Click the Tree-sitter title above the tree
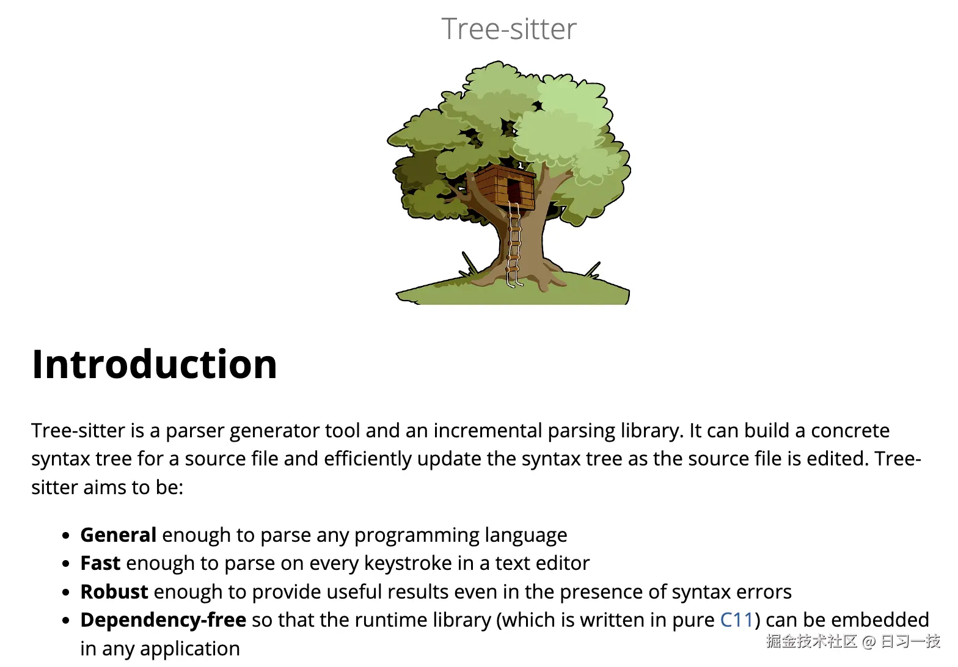pos(509,29)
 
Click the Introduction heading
pos(155,364)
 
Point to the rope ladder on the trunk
pos(514,244)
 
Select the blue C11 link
pos(736,620)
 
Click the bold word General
pos(119,535)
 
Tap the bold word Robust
pos(114,592)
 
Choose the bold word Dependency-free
pos(163,621)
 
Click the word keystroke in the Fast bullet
pos(408,564)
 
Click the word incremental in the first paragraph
pos(488,431)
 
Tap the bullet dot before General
pos(66,536)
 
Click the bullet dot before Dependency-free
pos(66,621)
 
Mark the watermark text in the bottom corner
pos(853,641)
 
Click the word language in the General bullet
pos(526,535)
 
